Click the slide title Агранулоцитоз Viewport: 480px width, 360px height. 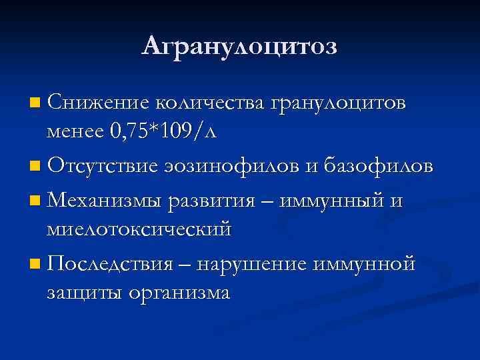coord(240,45)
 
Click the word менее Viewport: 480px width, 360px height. coord(74,132)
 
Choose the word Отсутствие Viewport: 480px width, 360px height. coord(104,166)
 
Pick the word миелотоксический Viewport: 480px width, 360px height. coord(139,228)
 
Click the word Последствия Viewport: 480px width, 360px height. coord(111,263)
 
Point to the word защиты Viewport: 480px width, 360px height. coord(83,293)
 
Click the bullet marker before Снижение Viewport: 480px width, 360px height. coord(35,104)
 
